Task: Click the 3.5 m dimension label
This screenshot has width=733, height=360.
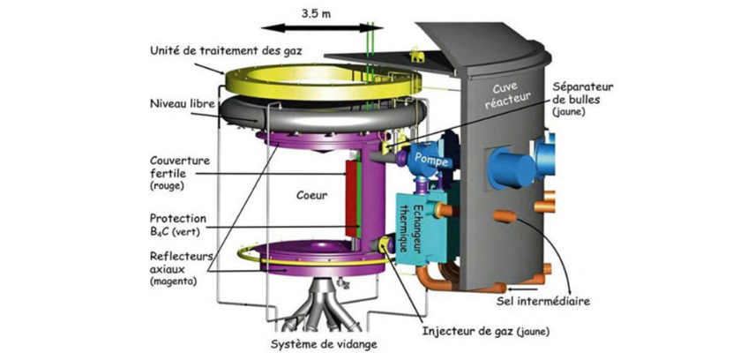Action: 317,14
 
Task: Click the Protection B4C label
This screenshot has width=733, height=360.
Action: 177,225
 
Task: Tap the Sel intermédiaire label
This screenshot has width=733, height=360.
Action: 544,301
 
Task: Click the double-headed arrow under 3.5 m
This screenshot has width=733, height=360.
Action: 317,29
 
